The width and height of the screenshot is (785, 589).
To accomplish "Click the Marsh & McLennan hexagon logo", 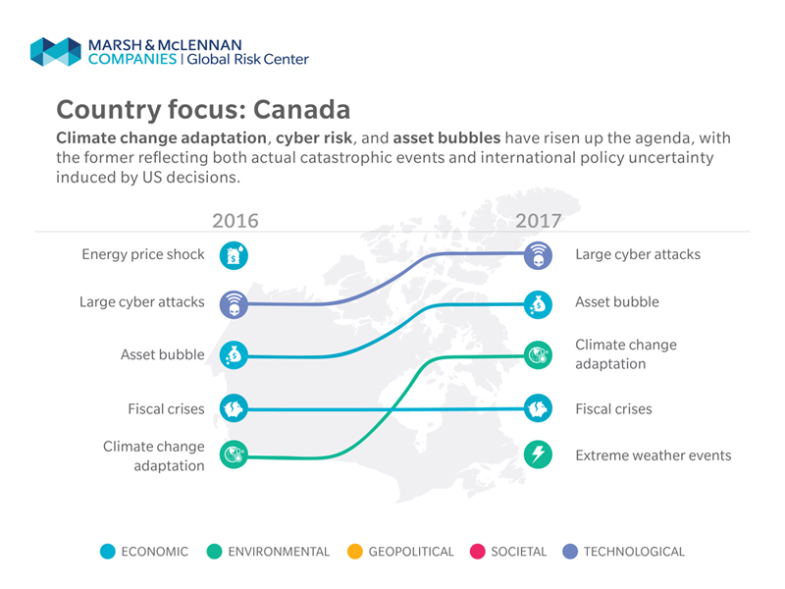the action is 56,52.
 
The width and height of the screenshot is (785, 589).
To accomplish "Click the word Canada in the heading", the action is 301,110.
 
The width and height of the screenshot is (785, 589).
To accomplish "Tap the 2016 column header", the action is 235,220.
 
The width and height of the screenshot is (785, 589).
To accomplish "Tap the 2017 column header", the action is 539,220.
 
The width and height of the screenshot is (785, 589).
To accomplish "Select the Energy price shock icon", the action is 234,255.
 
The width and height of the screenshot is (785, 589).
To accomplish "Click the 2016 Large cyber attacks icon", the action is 234,304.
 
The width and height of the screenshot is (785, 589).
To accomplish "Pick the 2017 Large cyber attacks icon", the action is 538,255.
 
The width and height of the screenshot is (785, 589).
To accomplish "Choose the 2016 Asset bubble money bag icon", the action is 234,355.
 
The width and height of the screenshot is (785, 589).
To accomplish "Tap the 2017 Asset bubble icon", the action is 538,304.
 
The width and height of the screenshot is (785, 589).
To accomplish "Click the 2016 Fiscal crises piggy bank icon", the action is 234,408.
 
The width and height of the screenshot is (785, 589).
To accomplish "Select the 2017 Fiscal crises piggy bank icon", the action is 538,408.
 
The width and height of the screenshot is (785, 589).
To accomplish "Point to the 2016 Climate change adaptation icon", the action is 234,455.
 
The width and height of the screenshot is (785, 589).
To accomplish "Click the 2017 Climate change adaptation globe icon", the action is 538,355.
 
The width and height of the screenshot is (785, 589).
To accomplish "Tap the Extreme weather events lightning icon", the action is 538,455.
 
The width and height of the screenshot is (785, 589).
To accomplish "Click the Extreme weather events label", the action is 654,455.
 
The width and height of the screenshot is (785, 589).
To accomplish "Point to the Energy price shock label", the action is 143,254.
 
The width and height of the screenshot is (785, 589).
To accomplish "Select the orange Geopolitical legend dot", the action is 355,552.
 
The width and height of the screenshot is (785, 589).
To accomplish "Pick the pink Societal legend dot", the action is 478,552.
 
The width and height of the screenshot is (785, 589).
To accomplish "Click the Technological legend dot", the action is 570,552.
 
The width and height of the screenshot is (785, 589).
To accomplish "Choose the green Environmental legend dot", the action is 214,552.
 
